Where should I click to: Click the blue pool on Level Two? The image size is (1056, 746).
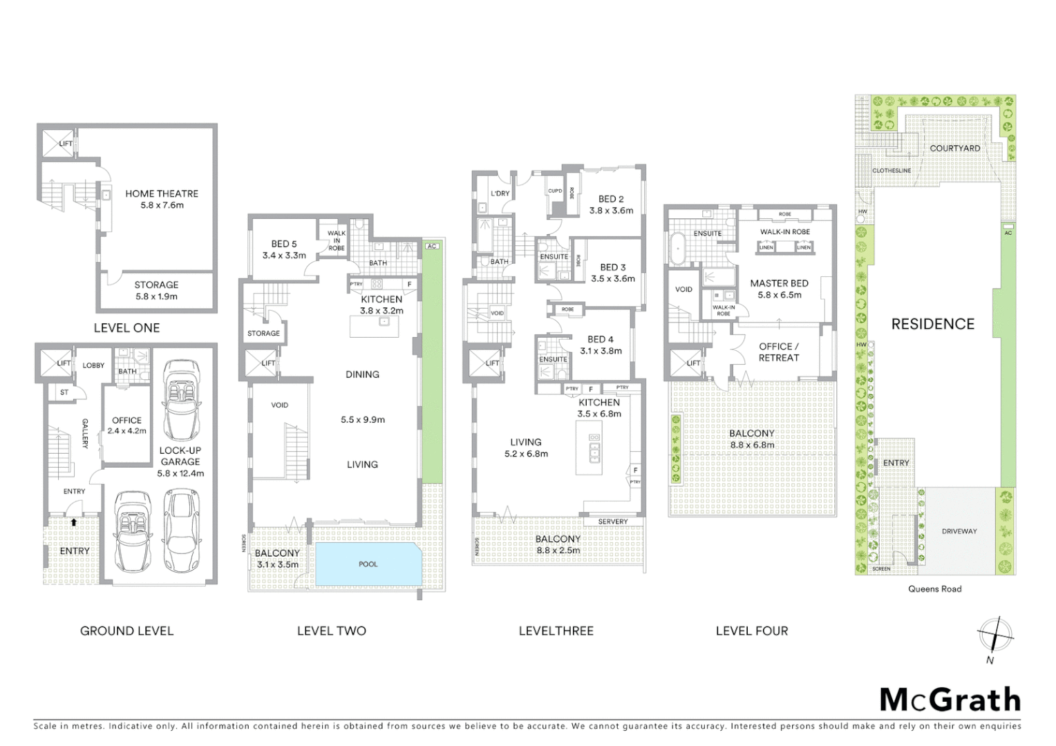368,564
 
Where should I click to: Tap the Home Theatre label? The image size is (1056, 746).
162,194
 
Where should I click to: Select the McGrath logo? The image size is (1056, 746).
950,700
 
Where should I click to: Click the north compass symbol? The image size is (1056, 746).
994,635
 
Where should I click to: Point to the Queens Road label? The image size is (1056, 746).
934,589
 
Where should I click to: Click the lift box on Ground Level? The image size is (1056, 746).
56,363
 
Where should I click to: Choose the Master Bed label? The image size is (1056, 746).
779,283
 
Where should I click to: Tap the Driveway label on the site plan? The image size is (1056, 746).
959,531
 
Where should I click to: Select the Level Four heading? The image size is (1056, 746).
751,631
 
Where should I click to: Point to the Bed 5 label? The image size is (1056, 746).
284,244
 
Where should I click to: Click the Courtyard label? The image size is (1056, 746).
954,149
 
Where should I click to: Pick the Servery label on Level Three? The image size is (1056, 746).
613,522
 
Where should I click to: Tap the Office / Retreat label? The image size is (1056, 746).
779,352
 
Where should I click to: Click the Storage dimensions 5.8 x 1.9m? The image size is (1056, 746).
156,297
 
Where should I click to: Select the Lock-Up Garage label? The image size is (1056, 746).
180,456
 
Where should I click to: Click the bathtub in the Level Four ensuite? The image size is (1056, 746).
678,249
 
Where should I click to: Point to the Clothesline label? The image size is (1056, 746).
891,171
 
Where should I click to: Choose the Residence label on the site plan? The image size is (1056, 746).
932,324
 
